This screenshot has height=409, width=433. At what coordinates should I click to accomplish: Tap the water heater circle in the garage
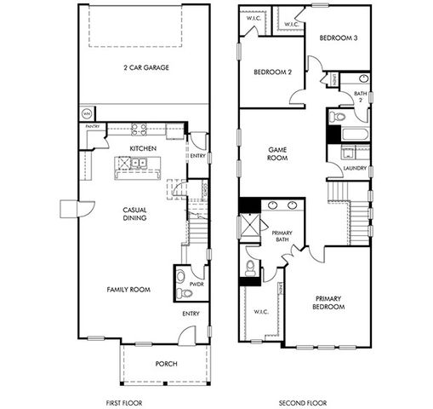[86, 113]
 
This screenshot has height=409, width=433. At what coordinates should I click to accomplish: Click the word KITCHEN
[141, 147]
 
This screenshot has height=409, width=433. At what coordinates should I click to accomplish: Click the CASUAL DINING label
[134, 213]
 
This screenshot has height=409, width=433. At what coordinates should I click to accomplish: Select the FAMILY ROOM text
[128, 290]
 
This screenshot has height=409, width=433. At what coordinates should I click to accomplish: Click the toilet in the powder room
[185, 293]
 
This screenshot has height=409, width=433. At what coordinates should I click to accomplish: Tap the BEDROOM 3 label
[338, 38]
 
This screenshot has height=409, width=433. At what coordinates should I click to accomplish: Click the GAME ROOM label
[277, 153]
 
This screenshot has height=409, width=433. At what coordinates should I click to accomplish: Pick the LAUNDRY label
[355, 168]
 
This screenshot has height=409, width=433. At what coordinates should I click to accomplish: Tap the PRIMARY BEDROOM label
[329, 302]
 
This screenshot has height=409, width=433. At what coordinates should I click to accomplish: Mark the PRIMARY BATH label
[282, 236]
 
